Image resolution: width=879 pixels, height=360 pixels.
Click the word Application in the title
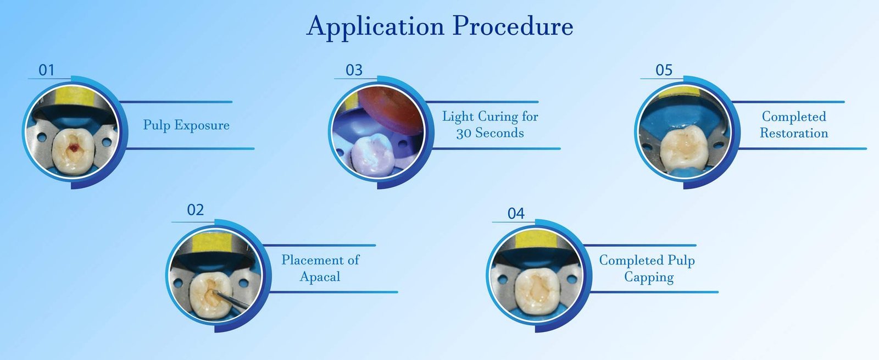(x=375, y=27)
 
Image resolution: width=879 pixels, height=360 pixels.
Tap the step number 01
(x=46, y=70)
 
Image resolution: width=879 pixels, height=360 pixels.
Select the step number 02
(x=196, y=210)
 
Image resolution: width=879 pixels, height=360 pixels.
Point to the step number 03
(x=354, y=70)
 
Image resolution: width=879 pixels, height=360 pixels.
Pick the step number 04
(x=516, y=214)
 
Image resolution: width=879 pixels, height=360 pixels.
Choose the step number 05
(x=664, y=70)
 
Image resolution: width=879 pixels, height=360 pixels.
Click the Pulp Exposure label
(x=186, y=125)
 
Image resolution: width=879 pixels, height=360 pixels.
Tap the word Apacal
(x=320, y=277)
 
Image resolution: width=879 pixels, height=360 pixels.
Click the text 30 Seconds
(x=489, y=133)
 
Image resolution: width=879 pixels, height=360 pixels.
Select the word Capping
(x=649, y=277)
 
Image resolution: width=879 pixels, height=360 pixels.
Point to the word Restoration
(x=794, y=133)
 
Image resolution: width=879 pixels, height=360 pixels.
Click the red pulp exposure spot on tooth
(x=73, y=148)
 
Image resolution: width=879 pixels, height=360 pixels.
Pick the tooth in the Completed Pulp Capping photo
(x=537, y=292)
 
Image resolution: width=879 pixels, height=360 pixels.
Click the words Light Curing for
(x=490, y=117)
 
